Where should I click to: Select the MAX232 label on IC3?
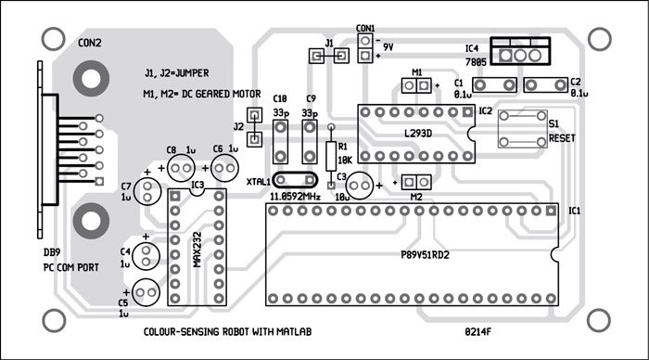(x=197, y=249)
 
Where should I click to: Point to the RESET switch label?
(x=563, y=138)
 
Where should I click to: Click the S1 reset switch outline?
(x=518, y=127)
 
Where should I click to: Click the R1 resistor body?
(x=332, y=152)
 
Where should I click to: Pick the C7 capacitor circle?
(x=146, y=191)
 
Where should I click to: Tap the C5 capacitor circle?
(x=144, y=291)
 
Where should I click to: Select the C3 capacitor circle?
(x=361, y=183)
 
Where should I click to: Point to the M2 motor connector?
(x=415, y=183)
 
